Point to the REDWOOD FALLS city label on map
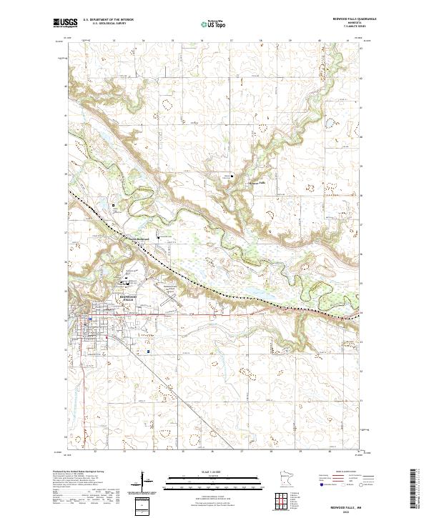128,297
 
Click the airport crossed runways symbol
169,294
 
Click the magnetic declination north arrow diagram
148,478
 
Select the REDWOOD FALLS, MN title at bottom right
375,505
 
